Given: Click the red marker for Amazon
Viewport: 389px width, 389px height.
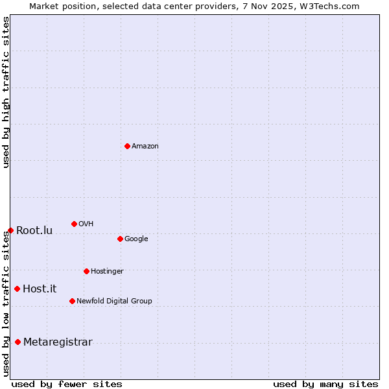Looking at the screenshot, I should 127,146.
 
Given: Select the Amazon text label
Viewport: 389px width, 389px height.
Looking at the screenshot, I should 145,147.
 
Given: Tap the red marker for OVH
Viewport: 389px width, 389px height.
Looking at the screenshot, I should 74,224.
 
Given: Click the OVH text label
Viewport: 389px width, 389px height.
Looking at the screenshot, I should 86,224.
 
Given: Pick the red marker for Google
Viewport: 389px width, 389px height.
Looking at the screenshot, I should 120,239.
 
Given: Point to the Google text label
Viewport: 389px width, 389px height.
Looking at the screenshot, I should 136,239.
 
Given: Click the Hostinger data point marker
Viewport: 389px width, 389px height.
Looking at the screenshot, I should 86,271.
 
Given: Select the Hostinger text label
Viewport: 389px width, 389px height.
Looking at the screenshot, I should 107,272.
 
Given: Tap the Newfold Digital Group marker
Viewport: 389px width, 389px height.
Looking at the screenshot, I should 72,301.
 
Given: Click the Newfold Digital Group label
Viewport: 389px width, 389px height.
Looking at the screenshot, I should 114,301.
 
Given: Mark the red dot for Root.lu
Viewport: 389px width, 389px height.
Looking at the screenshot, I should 10,230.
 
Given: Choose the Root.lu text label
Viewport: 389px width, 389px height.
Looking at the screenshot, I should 34,231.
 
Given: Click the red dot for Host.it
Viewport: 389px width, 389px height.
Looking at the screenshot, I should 17,289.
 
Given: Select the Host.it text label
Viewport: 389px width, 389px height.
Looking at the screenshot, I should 40,289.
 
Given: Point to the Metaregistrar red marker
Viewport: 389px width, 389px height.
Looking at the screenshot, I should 18,342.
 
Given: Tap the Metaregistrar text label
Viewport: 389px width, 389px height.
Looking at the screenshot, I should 58,342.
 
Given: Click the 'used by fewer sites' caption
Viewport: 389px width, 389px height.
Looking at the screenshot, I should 67,384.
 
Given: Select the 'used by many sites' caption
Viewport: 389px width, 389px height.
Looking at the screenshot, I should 325,384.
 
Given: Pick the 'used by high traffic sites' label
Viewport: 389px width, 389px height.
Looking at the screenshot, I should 6,92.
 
